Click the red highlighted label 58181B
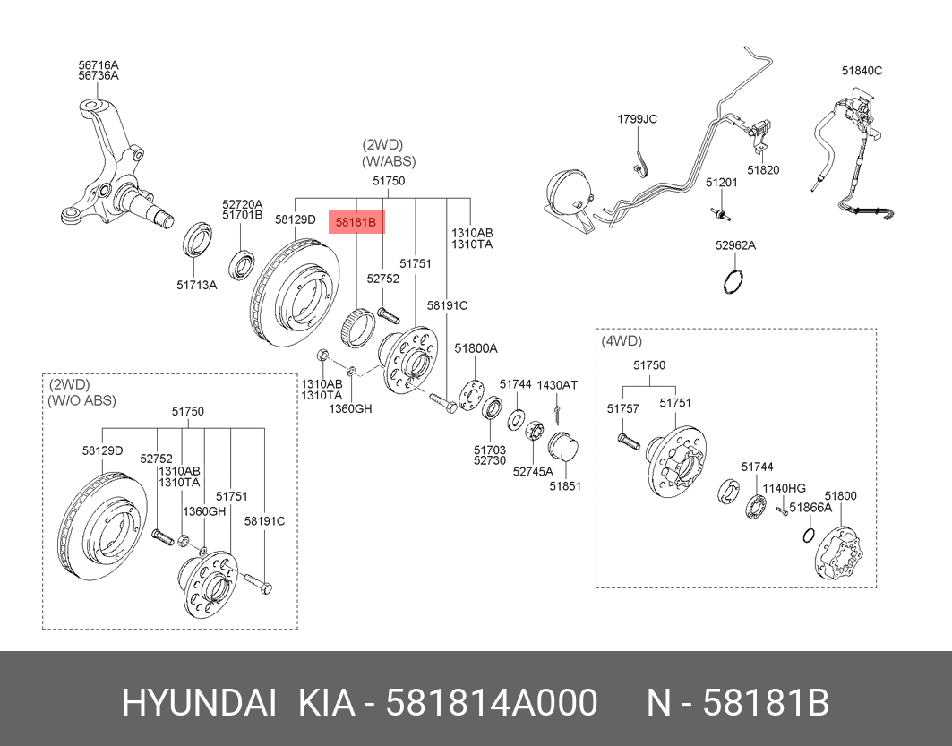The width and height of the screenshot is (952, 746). coord(356,219)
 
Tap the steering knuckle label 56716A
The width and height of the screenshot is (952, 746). coord(98,64)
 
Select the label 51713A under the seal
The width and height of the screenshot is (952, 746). coord(196,286)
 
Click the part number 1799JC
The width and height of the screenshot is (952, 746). coord(637,119)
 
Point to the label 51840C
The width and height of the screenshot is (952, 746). coord(862,70)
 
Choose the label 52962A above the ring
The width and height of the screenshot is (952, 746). coord(735,244)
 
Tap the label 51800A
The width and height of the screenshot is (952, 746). coord(476,348)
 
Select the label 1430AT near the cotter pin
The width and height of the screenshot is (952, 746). coord(557,385)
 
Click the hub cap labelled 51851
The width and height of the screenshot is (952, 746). coord(564,447)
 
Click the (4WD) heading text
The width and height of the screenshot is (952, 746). coord(622,341)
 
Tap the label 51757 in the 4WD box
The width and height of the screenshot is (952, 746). coord(622,408)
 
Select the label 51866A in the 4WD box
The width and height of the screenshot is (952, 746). coord(810,507)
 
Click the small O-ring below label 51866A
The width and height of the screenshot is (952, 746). coord(808,536)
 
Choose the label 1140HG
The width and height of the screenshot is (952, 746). coord(785,488)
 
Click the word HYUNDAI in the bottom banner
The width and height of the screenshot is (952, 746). coord(199,704)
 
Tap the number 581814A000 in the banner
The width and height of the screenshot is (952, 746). coord(491,704)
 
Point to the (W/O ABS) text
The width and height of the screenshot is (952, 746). coord(81,400)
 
